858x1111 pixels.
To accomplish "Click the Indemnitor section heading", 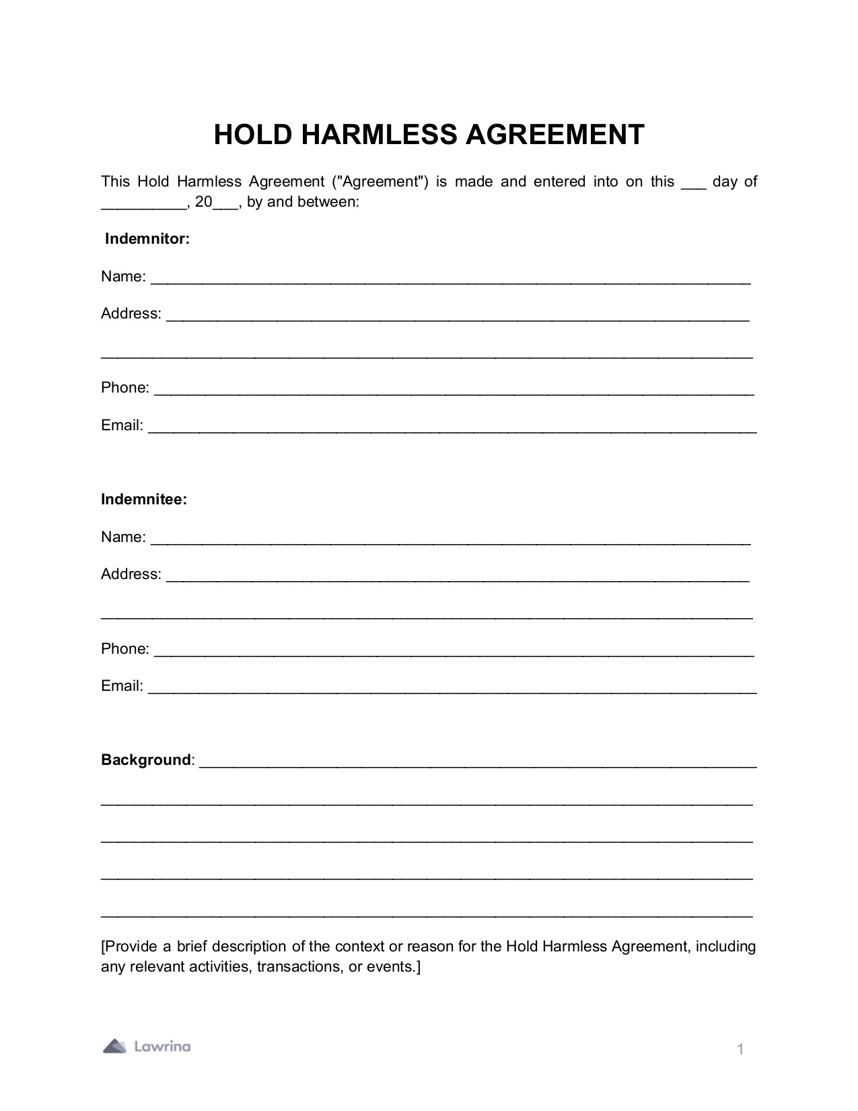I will point(147,239).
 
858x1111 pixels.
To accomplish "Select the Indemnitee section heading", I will point(144,500).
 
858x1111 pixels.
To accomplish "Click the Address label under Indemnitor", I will point(131,314).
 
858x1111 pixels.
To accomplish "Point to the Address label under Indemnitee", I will point(131,574).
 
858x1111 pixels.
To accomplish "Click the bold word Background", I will point(146,760).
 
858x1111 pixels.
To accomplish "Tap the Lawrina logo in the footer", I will point(147,1046).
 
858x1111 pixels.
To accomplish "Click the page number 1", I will point(740,1049).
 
